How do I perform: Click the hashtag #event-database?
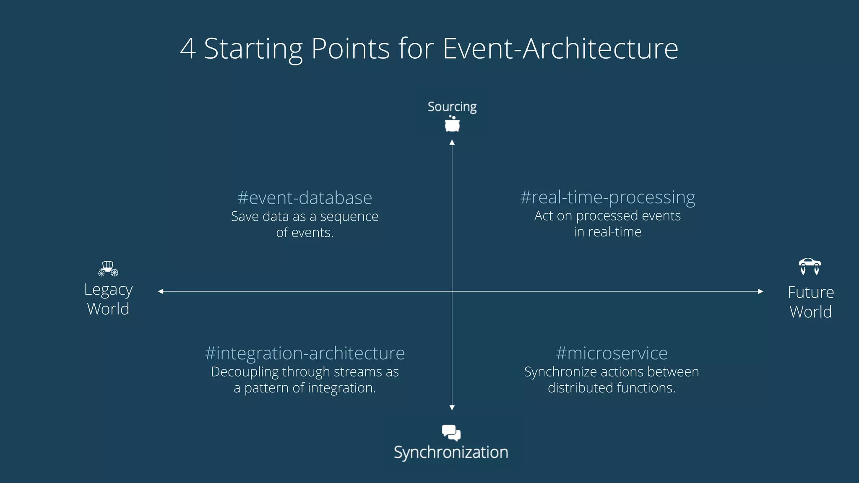[305, 198]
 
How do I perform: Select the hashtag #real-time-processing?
[607, 197]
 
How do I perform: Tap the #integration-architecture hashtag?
[305, 353]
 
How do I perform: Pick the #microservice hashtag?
[611, 353]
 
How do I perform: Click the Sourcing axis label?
[452, 106]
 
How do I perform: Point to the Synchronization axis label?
[451, 452]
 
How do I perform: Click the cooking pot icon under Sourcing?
[452, 124]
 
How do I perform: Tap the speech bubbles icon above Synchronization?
[451, 432]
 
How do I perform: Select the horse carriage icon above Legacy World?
[108, 268]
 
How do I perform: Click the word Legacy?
[108, 290]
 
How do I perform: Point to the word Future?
[810, 292]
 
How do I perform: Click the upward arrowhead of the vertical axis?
[452, 143]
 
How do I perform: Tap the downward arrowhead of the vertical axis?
[452, 408]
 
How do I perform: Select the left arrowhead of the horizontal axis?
[161, 291]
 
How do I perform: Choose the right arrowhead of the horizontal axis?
[760, 291]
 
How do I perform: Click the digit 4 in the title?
[188, 49]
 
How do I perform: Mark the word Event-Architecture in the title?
[560, 49]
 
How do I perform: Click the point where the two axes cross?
[452, 291]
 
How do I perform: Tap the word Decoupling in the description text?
[245, 372]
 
